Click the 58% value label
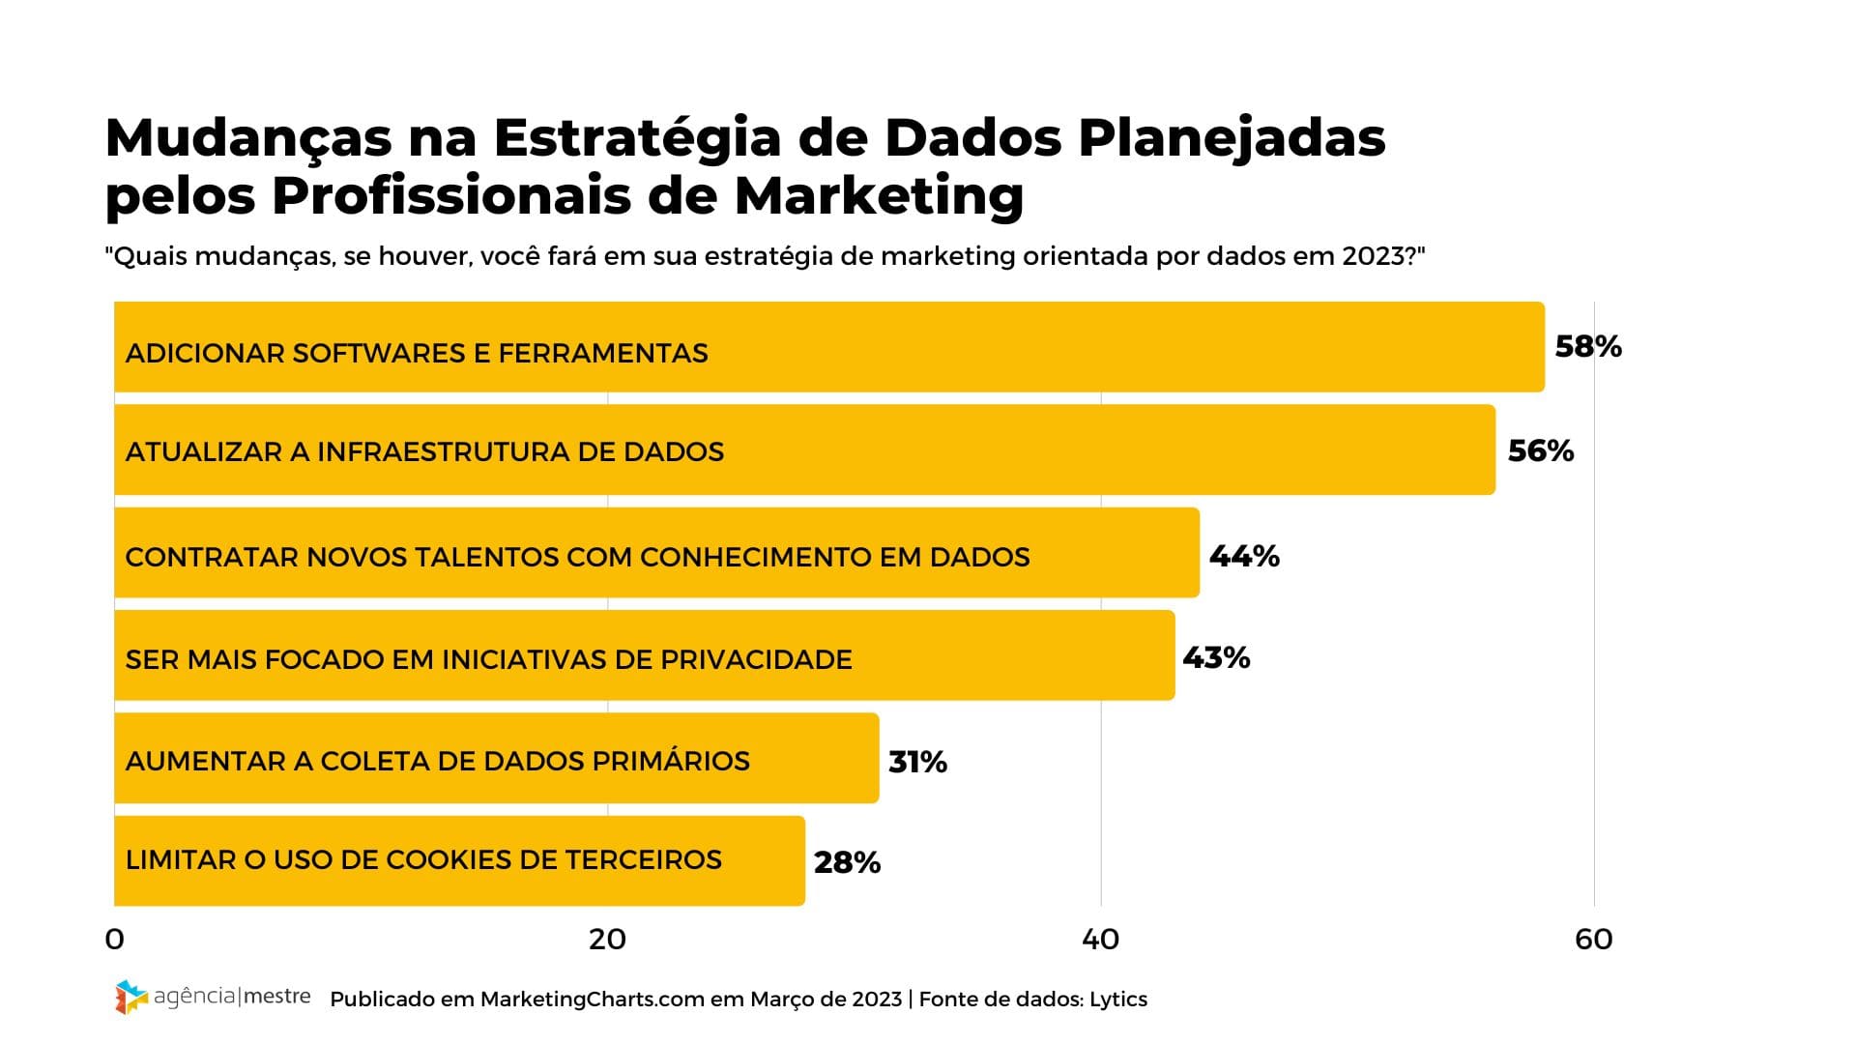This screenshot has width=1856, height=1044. tap(1587, 347)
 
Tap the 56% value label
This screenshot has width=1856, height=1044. tap(1540, 451)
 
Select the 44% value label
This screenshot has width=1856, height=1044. tap(1244, 556)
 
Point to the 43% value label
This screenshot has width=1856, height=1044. tap(1216, 658)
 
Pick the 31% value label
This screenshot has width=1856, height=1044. tap(917, 763)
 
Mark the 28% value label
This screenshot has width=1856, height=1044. tap(847, 862)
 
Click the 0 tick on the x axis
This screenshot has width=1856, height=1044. tap(115, 940)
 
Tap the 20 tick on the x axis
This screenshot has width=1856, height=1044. tap(607, 940)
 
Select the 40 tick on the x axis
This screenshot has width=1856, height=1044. tap(1100, 940)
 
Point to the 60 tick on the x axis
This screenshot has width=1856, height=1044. tap(1593, 940)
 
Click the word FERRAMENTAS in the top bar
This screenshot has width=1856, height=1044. tap(603, 354)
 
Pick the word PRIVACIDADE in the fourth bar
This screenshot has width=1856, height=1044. tap(756, 660)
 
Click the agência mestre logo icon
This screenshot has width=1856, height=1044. tap(130, 997)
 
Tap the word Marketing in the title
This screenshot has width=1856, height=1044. tap(878, 196)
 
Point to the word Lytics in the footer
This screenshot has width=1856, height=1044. tap(1118, 1000)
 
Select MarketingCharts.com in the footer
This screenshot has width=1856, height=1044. tap(592, 1000)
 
